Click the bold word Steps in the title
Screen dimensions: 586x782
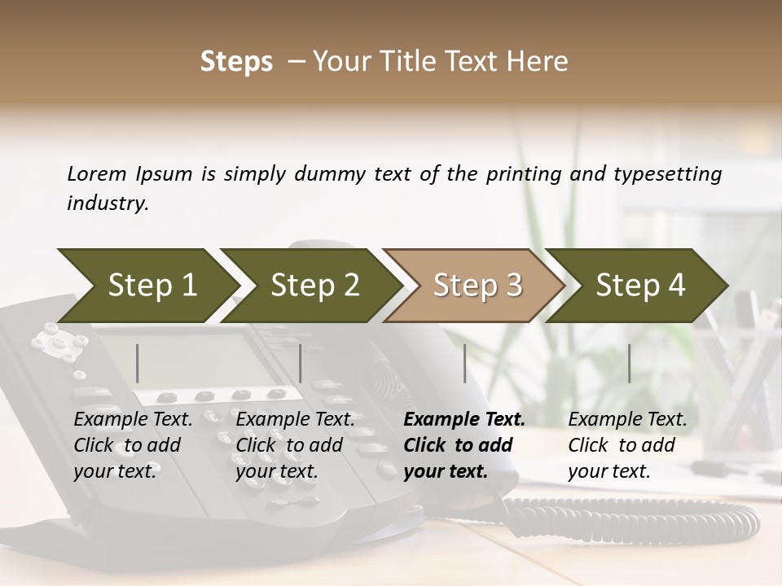[x=236, y=62]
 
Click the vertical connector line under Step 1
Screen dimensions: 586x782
[x=138, y=363]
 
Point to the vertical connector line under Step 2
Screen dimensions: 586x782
[x=301, y=363]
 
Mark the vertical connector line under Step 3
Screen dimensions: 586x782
[x=465, y=363]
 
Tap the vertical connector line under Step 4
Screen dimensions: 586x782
[x=630, y=363]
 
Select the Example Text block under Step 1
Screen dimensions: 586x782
[x=133, y=445]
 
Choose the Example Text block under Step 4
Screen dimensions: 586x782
[x=627, y=445]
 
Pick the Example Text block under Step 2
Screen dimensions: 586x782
[x=295, y=445]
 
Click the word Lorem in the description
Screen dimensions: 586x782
[x=97, y=173]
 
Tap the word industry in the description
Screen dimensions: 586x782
[x=107, y=203]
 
